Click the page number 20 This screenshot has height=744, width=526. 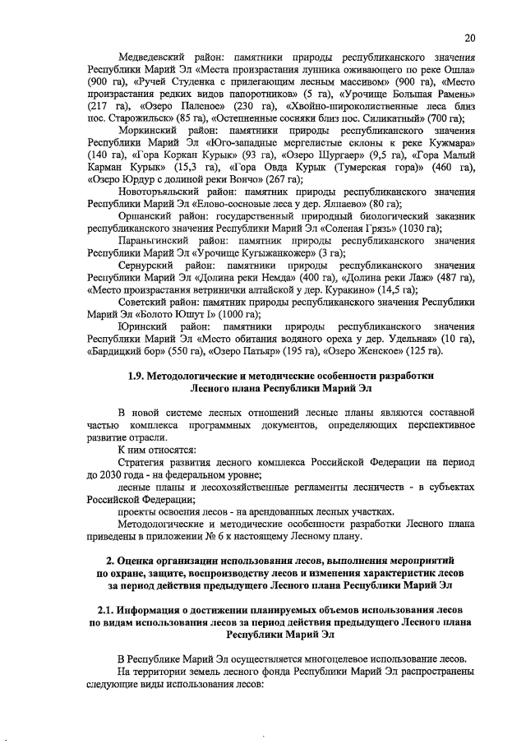(x=469, y=38)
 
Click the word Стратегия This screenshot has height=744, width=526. (x=146, y=464)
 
